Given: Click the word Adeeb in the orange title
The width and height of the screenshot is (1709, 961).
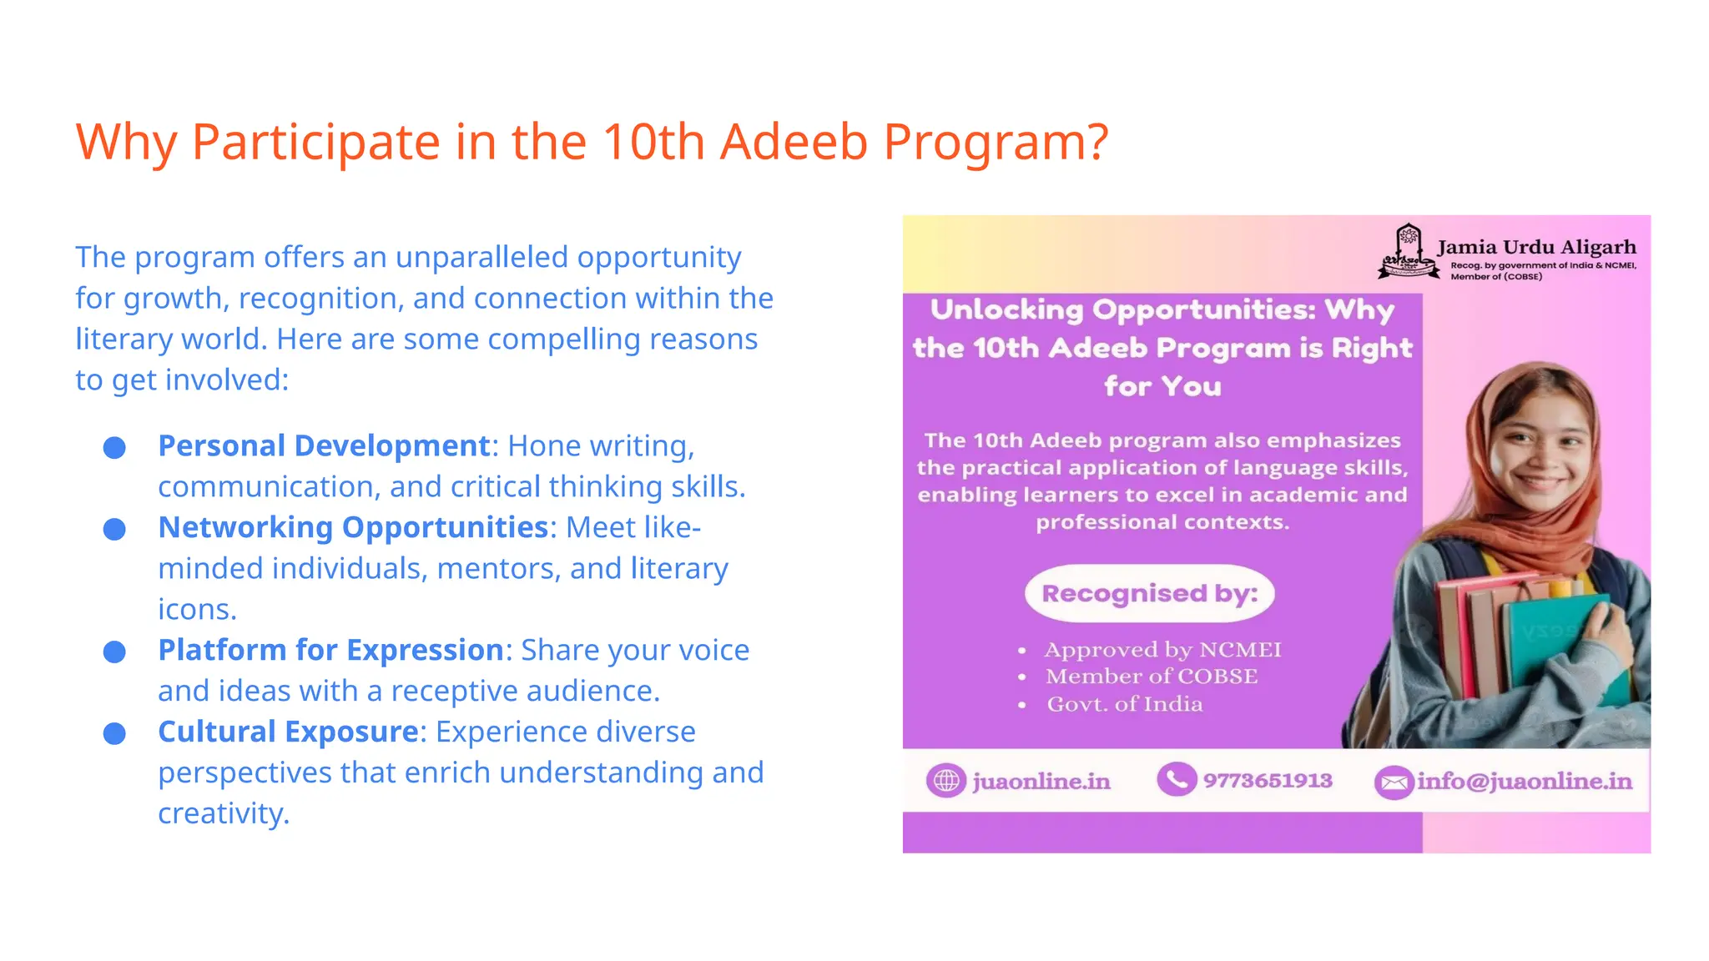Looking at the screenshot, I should click(794, 142).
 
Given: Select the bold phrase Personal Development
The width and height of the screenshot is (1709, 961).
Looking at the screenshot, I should click(324, 446).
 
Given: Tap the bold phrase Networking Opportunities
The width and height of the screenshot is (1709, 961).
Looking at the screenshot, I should click(353, 528).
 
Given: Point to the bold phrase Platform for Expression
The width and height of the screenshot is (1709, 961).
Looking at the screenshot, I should click(330, 651).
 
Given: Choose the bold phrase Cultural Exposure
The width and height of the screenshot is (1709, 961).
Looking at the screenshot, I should click(288, 732).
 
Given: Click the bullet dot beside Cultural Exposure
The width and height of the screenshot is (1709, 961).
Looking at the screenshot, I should click(114, 734).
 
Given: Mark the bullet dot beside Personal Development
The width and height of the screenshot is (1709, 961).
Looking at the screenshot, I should click(114, 448).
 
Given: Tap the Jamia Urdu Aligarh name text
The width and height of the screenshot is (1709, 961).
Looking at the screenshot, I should click(1536, 248).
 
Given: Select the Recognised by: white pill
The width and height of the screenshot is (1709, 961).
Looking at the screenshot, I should click(1149, 593).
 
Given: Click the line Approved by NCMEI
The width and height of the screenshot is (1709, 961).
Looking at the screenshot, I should click(1162, 650).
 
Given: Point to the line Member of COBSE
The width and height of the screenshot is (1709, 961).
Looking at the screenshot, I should click(1152, 677).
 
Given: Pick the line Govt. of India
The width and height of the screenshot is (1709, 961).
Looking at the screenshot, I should click(1125, 704).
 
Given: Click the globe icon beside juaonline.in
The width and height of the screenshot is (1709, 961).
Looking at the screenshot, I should click(945, 781).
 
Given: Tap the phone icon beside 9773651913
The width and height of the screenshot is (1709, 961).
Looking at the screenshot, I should click(1177, 780).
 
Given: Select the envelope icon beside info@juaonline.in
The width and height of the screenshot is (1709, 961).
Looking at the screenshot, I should click(1394, 782).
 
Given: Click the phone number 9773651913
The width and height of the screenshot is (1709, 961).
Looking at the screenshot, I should click(1267, 781).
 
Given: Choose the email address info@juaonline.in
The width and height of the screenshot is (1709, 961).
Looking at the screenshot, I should click(1525, 782).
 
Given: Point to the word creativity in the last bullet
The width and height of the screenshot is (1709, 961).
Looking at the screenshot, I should click(223, 814).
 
